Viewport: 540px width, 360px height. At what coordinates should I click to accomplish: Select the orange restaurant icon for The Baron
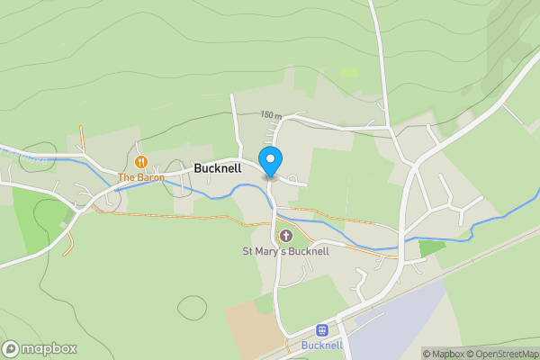pos(141,162)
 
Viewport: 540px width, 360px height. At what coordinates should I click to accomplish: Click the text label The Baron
pos(139,177)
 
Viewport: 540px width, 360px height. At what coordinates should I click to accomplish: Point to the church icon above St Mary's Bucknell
pos(286,236)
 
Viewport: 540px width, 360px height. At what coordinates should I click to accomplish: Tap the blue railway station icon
pos(322,331)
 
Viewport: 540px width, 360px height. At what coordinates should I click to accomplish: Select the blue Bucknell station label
pos(322,346)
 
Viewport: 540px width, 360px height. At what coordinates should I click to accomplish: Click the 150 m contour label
pos(271,116)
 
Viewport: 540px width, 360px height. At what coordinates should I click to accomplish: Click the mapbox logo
pos(40,348)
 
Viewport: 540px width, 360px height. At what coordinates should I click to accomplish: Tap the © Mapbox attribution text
pos(443,354)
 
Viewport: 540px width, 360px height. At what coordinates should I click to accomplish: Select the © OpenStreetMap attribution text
pos(502,354)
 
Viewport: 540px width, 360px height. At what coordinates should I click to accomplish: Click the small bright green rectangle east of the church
pos(432,247)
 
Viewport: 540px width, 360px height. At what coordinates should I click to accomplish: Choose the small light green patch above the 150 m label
pos(348,73)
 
